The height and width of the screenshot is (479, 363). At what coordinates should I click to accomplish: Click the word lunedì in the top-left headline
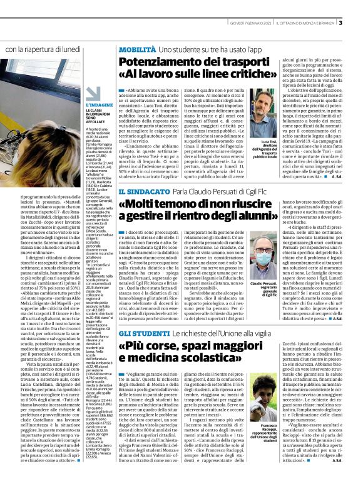(86, 49)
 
